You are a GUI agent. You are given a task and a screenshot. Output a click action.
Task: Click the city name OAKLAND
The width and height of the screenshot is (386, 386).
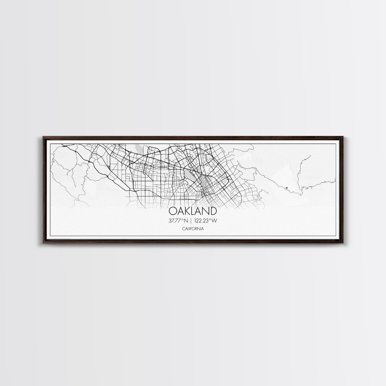click(193, 211)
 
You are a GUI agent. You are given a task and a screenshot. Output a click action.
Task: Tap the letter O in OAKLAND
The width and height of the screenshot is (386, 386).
click(173, 211)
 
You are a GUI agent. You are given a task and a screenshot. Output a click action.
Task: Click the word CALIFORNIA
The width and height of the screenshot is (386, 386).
click(193, 229)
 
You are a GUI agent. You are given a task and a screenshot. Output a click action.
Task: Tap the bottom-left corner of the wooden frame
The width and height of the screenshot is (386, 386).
click(43, 244)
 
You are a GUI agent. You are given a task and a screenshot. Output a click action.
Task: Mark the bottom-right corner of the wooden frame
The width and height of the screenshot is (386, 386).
click(344, 244)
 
